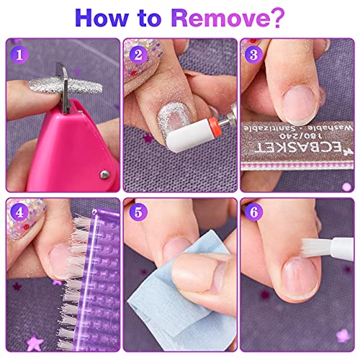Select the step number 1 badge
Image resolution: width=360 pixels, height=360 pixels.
click(18, 53)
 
